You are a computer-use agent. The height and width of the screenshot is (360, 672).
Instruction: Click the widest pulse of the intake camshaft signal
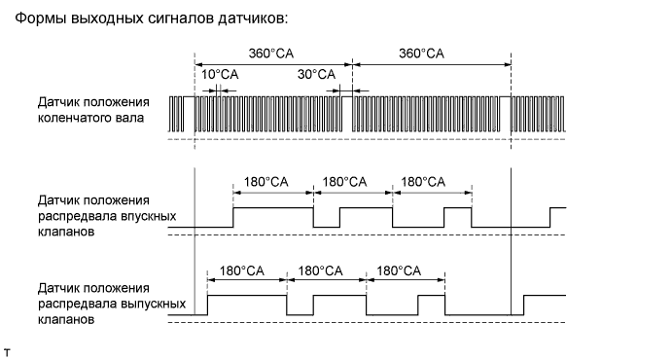[x=273, y=217]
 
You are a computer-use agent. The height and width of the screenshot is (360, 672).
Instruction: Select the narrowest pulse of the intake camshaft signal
[x=457, y=217]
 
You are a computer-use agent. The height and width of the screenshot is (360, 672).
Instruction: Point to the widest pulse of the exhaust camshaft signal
[x=247, y=305]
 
